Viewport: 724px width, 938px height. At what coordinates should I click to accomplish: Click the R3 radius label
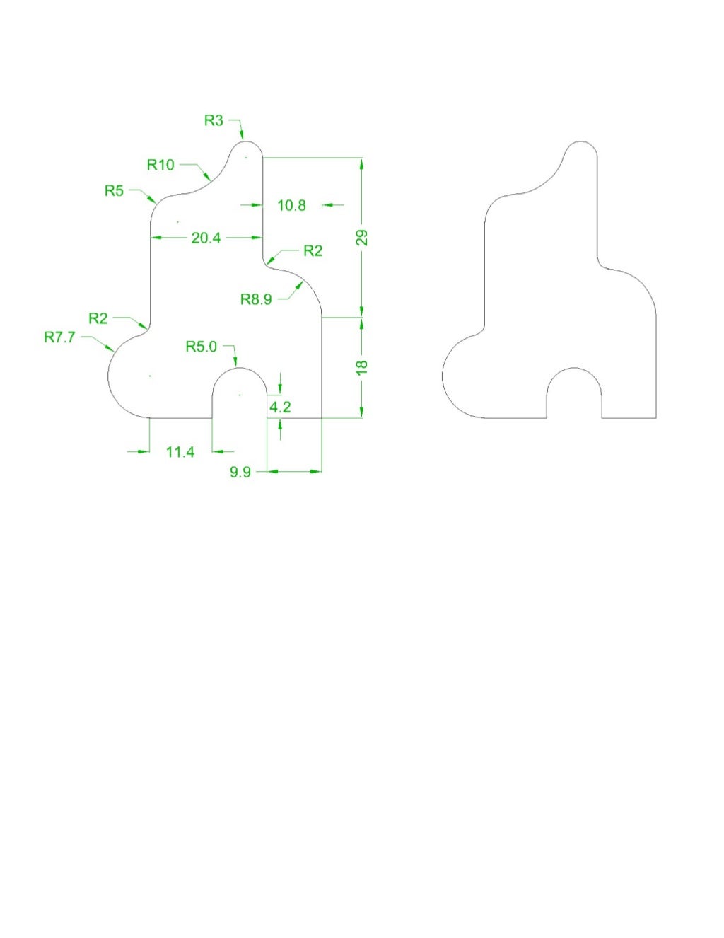pyautogui.click(x=214, y=120)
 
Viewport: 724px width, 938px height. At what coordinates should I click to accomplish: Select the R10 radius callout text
pyautogui.click(x=160, y=165)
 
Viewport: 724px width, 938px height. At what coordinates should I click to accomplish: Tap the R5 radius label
pyautogui.click(x=114, y=190)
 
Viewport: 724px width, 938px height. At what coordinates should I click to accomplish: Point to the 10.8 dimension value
pyautogui.click(x=291, y=205)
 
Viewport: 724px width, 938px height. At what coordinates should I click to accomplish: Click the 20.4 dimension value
pyautogui.click(x=206, y=238)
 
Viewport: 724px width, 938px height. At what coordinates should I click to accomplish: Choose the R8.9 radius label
pyautogui.click(x=256, y=299)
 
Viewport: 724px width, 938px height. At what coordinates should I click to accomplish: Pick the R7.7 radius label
pyautogui.click(x=59, y=337)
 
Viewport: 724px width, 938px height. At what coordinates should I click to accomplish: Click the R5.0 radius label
pyautogui.click(x=202, y=347)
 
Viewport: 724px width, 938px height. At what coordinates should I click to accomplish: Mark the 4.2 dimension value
pyautogui.click(x=281, y=407)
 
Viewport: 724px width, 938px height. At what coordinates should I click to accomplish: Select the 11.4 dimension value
pyautogui.click(x=180, y=452)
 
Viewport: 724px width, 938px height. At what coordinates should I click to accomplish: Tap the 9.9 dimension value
pyautogui.click(x=240, y=472)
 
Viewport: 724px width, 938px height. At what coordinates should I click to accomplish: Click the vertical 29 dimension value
pyautogui.click(x=362, y=238)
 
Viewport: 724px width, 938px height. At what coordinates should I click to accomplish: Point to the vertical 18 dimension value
pyautogui.click(x=362, y=367)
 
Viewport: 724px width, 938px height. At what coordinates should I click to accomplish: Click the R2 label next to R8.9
pyautogui.click(x=313, y=251)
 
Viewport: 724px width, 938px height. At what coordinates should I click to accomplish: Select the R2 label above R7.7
pyautogui.click(x=98, y=318)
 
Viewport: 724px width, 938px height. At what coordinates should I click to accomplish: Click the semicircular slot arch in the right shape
pyautogui.click(x=574, y=370)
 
